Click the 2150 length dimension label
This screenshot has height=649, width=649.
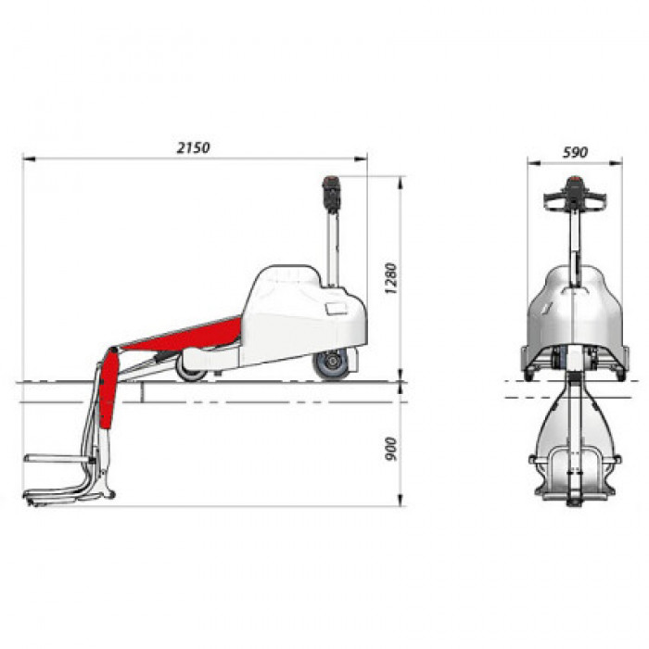tap(193, 147)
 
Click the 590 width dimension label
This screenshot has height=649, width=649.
tap(575, 152)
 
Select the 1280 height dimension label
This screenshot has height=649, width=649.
tap(390, 278)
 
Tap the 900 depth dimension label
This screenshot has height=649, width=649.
tap(390, 448)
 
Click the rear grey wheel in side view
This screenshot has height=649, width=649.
tap(332, 363)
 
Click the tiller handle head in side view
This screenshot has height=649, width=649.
tap(331, 194)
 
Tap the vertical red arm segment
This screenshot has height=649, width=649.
tap(108, 388)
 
